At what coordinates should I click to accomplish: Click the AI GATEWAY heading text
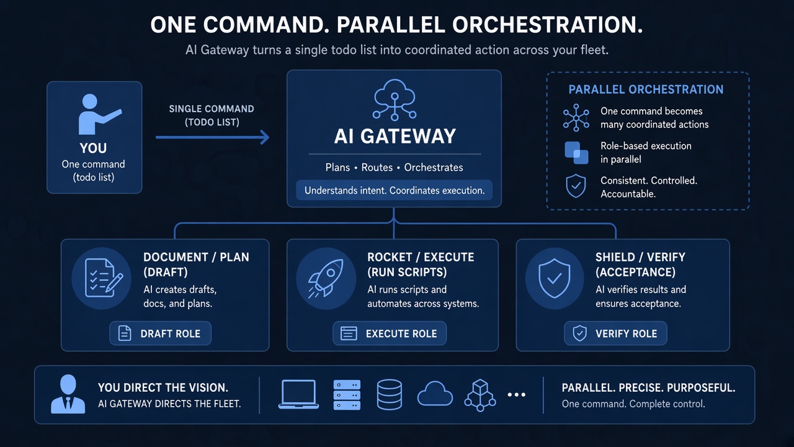[395, 136]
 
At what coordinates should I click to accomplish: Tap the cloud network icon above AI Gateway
[395, 99]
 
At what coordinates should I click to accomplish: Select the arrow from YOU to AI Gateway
[212, 137]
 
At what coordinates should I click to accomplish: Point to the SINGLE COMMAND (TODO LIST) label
[212, 115]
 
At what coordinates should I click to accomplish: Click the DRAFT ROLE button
[160, 333]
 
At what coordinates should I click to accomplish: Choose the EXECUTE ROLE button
[389, 333]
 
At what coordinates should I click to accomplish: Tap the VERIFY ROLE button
[615, 333]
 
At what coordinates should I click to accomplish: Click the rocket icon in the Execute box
[326, 279]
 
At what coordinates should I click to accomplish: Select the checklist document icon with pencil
[104, 279]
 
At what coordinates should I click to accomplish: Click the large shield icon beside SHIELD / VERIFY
[555, 279]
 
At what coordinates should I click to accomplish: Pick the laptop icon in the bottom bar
[298, 394]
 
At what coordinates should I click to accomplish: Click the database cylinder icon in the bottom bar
[389, 394]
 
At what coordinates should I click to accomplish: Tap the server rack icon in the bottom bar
[347, 395]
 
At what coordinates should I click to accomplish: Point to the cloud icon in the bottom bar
[435, 394]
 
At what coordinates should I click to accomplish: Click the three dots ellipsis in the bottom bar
[517, 394]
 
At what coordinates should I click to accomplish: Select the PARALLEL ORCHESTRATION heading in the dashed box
[646, 89]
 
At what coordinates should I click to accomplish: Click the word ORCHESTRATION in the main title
[547, 25]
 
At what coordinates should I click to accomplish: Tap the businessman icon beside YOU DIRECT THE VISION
[68, 394]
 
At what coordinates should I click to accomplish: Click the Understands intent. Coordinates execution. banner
[394, 190]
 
